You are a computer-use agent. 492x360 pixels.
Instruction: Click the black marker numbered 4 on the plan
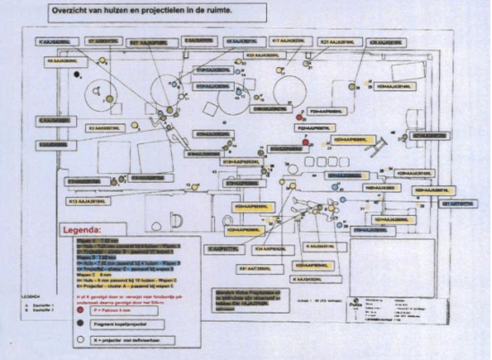point(76,74)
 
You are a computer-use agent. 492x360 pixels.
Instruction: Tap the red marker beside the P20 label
point(299,117)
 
